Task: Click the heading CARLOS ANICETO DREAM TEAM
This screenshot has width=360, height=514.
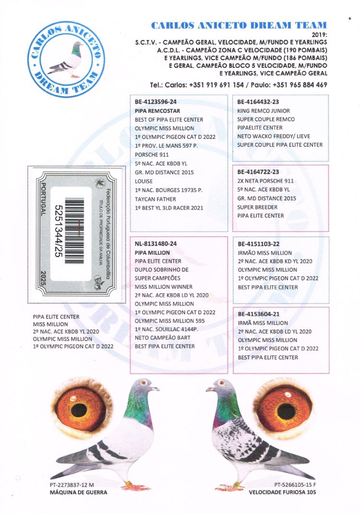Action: [239, 25]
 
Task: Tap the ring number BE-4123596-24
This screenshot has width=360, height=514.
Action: [156, 102]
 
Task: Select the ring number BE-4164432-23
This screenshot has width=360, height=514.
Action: [258, 102]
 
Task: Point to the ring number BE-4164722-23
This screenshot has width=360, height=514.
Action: [258, 172]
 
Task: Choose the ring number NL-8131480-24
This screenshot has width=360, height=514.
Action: [156, 244]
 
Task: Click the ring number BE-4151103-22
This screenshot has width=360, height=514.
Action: [259, 244]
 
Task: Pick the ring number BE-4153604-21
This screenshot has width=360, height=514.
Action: [259, 314]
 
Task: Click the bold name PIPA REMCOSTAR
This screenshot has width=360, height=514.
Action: [157, 111]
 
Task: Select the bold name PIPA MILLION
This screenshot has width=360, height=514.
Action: [152, 253]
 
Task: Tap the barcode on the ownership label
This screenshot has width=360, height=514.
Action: [75, 231]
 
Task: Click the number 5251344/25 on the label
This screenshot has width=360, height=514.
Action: [58, 231]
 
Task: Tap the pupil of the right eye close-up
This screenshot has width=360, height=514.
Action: [287, 409]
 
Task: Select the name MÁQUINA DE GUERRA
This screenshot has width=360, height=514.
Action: [78, 492]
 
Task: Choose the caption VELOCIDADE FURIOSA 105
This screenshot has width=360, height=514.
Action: [282, 492]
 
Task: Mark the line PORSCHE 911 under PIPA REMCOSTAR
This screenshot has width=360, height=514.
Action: [152, 155]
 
